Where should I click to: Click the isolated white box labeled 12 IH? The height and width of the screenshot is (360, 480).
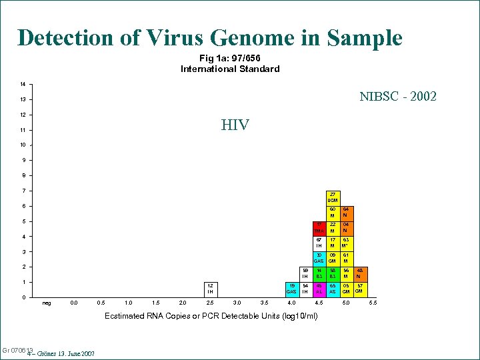tap(209, 289)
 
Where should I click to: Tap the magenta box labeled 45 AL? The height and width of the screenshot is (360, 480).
tap(319, 289)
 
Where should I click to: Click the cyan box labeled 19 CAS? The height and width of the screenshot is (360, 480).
tap(291, 289)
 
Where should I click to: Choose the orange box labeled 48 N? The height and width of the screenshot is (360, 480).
tap(359, 273)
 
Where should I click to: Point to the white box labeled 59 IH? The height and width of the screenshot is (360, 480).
tap(305, 273)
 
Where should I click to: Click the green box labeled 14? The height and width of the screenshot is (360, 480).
tap(319, 273)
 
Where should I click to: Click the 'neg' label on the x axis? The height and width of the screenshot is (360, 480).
tap(46, 303)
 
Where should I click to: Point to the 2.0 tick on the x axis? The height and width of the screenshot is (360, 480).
tap(182, 303)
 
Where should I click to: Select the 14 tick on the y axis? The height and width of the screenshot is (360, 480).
tap(23, 84)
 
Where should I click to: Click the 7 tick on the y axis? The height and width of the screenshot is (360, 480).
tap(23, 191)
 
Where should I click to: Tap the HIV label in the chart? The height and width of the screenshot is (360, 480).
tap(235, 125)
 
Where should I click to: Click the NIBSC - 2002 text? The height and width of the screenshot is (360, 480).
tap(397, 97)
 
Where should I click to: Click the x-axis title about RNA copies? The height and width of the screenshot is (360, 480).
tap(211, 315)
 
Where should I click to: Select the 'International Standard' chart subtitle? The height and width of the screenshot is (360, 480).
tap(230, 69)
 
